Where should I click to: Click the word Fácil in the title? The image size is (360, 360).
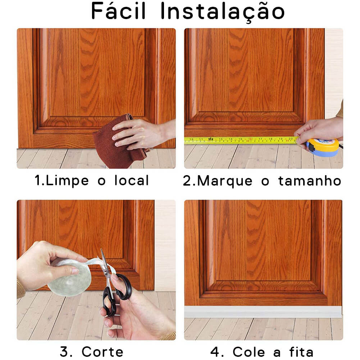click(118, 11)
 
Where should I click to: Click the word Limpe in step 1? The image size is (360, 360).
click(67, 181)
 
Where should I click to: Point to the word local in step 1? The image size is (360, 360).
click(132, 180)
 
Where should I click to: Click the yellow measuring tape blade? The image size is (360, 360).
click(241, 140)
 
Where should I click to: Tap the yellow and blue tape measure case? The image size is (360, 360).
click(323, 147)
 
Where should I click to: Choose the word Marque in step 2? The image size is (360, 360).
click(225, 181)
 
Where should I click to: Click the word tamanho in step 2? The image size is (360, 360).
click(310, 181)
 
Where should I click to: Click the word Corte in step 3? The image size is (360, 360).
click(102, 352)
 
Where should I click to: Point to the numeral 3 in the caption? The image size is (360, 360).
click(64, 351)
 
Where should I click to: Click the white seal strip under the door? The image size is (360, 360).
click(263, 312)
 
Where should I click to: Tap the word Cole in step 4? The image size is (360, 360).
click(249, 352)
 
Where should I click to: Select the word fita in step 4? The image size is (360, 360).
click(301, 351)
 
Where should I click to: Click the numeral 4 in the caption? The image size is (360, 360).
click(215, 352)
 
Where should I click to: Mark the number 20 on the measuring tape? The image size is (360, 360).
click(291, 138)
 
